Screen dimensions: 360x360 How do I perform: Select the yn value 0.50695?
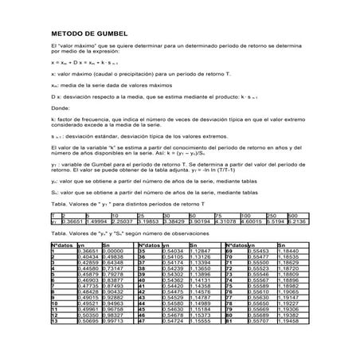[87, 321]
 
